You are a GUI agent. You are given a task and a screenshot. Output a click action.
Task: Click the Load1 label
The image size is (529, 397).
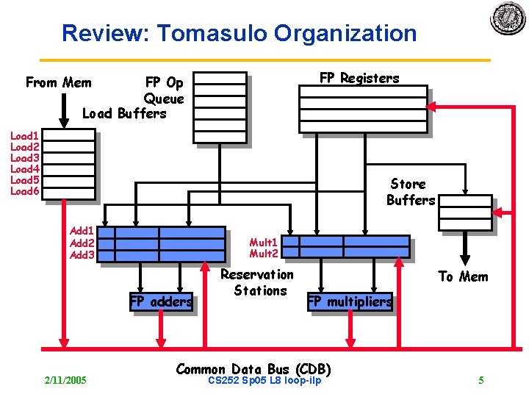pos(24,136)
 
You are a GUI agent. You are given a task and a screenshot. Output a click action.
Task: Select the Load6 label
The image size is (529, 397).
pos(24,191)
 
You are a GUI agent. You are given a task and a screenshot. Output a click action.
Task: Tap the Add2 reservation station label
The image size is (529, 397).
pos(82,243)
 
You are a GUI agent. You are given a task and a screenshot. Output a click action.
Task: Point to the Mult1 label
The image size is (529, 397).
pos(263,243)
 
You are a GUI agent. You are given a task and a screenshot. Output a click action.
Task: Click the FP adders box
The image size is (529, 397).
pos(161,301)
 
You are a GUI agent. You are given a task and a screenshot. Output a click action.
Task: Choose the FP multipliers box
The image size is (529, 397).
pos(349,301)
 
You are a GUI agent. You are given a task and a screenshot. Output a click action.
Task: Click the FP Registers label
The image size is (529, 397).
pos(359,79)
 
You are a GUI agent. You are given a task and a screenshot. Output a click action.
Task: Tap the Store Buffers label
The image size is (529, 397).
pos(411,192)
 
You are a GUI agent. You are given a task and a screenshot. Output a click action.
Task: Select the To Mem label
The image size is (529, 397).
pos(463,276)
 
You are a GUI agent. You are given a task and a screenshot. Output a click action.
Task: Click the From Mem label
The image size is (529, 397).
pos(59,82)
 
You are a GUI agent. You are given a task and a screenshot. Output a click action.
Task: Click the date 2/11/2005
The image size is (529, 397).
pos(65,380)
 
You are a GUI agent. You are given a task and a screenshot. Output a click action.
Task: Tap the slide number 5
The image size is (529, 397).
pos(481,380)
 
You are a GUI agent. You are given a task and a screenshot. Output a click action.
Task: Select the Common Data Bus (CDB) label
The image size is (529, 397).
pos(254,368)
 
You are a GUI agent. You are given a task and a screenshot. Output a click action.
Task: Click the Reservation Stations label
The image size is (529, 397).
pos(257,282)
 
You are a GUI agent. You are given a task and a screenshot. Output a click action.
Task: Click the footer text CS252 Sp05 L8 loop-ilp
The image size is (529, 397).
pos(264,380)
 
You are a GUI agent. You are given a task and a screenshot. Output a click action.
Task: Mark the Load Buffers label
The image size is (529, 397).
pos(124,113)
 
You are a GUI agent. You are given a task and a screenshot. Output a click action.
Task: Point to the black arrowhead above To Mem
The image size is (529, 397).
pos(465,260)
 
